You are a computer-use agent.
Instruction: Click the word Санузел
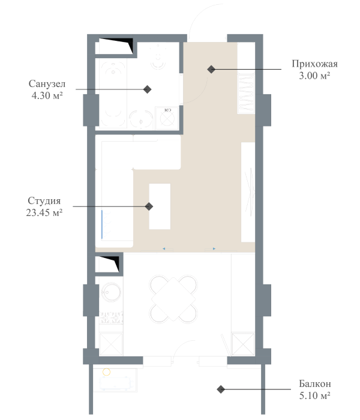click(x=47, y=83)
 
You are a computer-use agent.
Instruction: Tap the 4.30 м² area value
click(x=47, y=95)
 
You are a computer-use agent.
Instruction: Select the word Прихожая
click(x=314, y=64)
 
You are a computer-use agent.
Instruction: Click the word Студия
click(x=44, y=200)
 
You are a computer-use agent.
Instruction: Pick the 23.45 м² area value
click(x=44, y=212)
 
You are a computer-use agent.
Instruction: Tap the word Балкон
click(x=314, y=383)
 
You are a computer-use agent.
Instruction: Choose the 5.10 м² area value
click(x=314, y=395)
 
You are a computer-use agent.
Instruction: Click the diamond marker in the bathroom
click(x=147, y=89)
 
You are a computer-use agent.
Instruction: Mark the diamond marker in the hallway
click(x=211, y=70)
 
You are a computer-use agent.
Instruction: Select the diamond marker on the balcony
click(x=221, y=390)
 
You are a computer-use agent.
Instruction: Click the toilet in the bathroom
click(x=158, y=55)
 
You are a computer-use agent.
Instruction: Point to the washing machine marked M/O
click(x=167, y=118)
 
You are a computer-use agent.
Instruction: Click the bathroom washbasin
click(x=142, y=121)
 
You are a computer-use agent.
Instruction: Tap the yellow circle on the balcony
click(x=106, y=373)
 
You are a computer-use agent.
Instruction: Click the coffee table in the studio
click(x=160, y=206)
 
